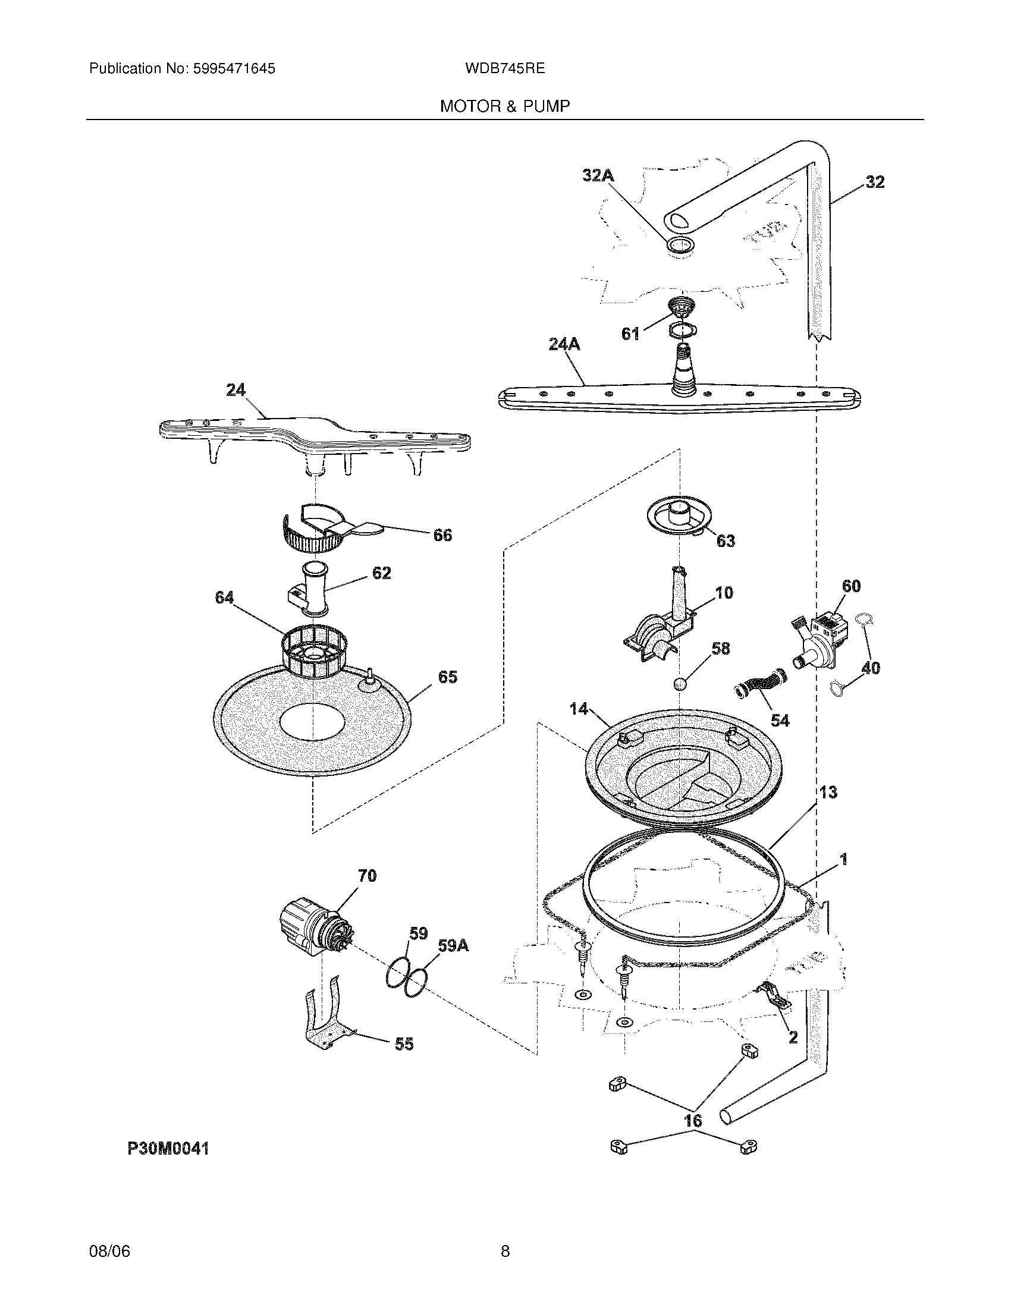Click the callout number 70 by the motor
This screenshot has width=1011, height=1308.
[x=367, y=876]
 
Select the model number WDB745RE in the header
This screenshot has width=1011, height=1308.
[x=504, y=68]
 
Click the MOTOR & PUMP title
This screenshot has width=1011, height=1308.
[x=505, y=106]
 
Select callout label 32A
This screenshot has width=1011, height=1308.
[x=598, y=175]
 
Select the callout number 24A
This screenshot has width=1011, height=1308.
[x=564, y=344]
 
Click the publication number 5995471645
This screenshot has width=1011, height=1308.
[x=234, y=68]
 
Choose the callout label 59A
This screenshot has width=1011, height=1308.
[x=453, y=946]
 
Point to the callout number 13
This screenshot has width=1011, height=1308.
[x=828, y=793]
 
